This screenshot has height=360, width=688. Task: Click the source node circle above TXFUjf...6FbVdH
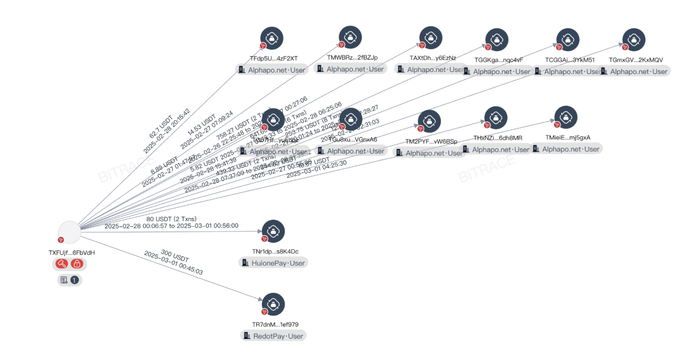[69, 233]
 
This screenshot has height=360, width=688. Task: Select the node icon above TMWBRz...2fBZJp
[350, 38]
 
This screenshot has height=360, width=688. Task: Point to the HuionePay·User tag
[272, 263]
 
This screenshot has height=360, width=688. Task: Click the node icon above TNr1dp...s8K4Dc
[273, 231]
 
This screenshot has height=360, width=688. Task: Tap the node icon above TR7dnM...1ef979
[273, 304]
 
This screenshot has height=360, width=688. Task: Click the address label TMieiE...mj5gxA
[568, 138]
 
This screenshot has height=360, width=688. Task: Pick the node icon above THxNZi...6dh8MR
[496, 117]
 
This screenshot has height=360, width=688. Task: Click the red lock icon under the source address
[76, 264]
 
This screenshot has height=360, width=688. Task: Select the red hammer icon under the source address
[62, 264]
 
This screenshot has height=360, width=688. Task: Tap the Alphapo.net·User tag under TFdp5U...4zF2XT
[272, 70]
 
